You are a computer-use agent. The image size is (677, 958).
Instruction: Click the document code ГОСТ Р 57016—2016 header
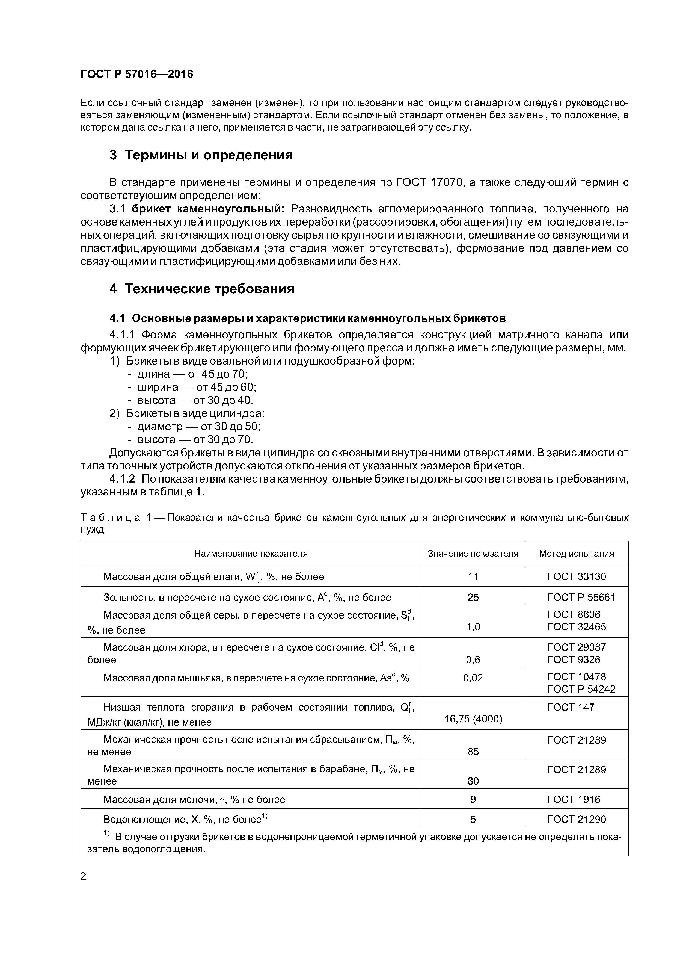pyautogui.click(x=137, y=74)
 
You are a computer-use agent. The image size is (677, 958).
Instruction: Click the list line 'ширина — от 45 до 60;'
pyautogui.click(x=197, y=387)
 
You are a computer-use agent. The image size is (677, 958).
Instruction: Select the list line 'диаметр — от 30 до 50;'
pyautogui.click(x=199, y=426)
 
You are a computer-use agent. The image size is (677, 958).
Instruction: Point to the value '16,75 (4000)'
pyautogui.click(x=473, y=719)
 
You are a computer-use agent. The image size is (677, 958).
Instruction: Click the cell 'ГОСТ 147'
pyautogui.click(x=571, y=707)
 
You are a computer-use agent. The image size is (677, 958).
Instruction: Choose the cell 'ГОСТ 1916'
pyautogui.click(x=574, y=799)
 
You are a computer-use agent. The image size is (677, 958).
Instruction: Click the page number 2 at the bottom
pyautogui.click(x=84, y=876)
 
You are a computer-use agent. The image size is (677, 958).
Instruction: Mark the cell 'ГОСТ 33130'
pyautogui.click(x=577, y=577)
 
